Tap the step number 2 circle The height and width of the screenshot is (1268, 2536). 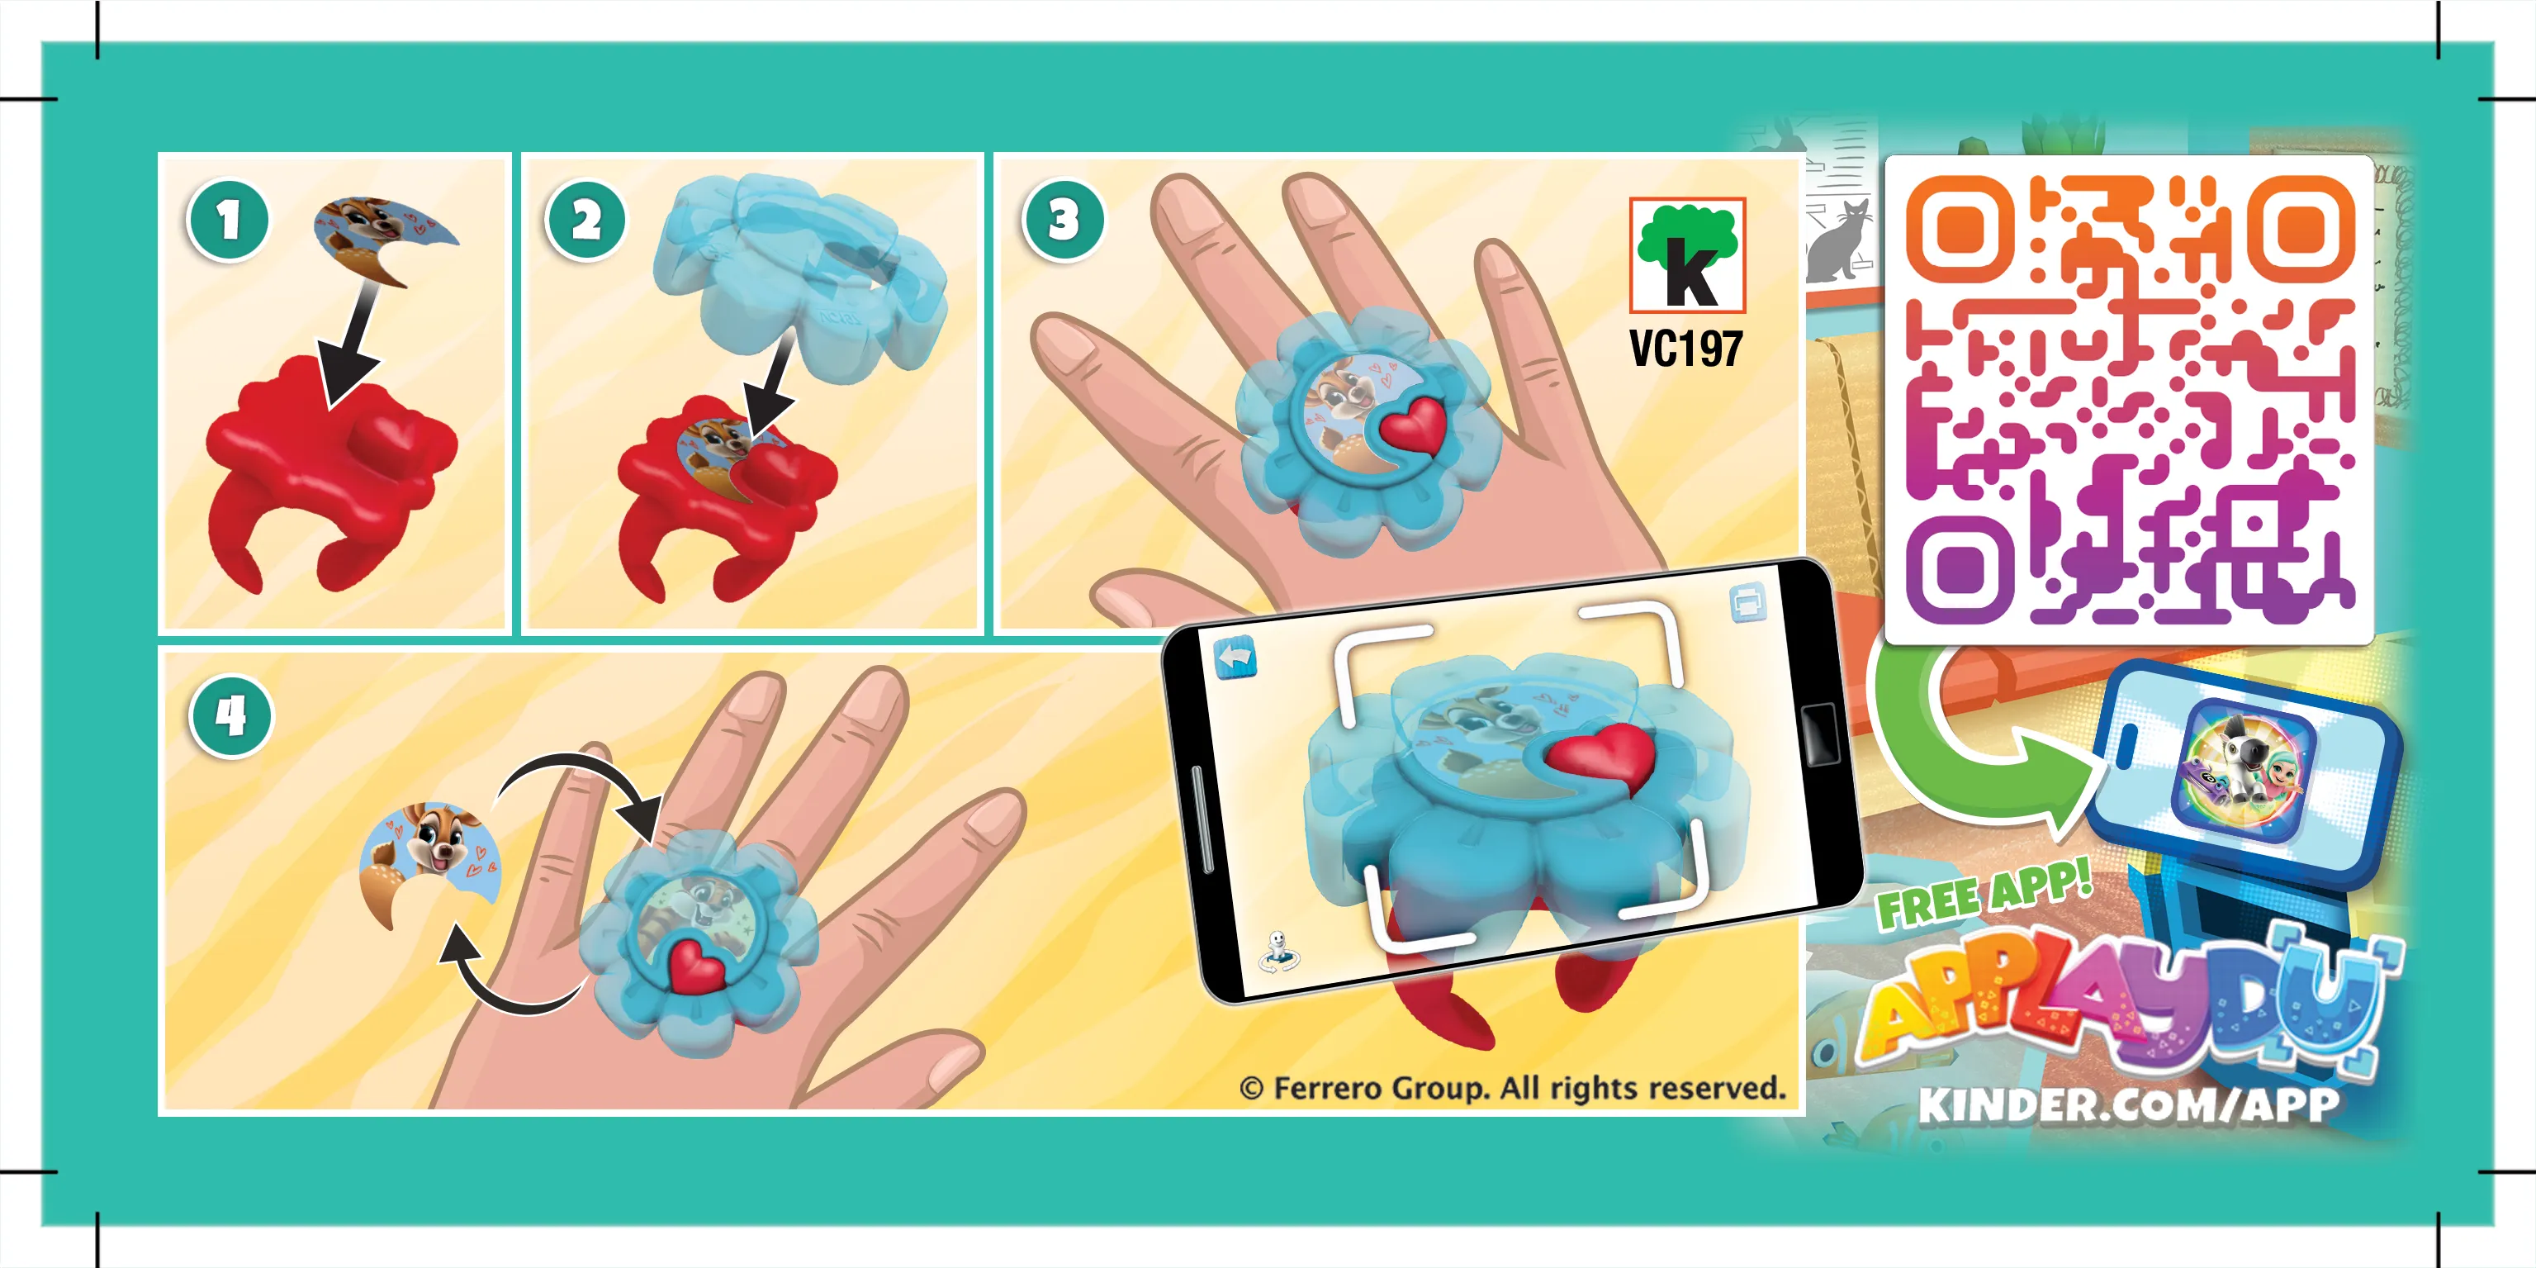[x=585, y=221]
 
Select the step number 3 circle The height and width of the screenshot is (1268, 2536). [x=1064, y=221]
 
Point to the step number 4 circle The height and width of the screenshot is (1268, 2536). [x=230, y=715]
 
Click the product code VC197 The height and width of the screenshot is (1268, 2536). [x=1685, y=349]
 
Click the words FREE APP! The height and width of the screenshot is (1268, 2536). [x=1983, y=894]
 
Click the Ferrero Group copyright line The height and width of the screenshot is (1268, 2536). [x=1512, y=1088]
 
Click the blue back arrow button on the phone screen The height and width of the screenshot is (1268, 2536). [x=1235, y=658]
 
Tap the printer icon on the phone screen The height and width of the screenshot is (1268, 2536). [x=1747, y=601]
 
